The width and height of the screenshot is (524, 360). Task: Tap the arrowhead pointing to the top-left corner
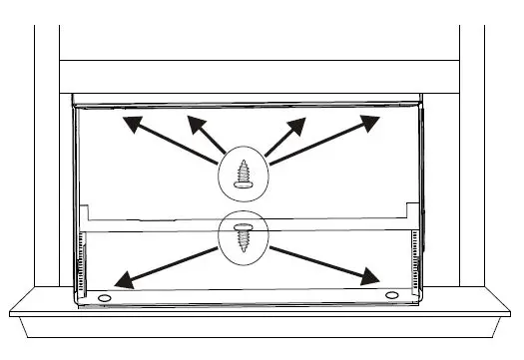(127, 123)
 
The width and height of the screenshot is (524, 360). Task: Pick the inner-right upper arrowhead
(298, 122)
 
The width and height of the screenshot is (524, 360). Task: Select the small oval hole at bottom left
(105, 297)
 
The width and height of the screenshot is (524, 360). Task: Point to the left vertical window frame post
(46, 150)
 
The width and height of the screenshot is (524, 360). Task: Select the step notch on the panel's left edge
(87, 211)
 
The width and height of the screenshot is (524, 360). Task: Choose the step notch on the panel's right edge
(410, 211)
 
